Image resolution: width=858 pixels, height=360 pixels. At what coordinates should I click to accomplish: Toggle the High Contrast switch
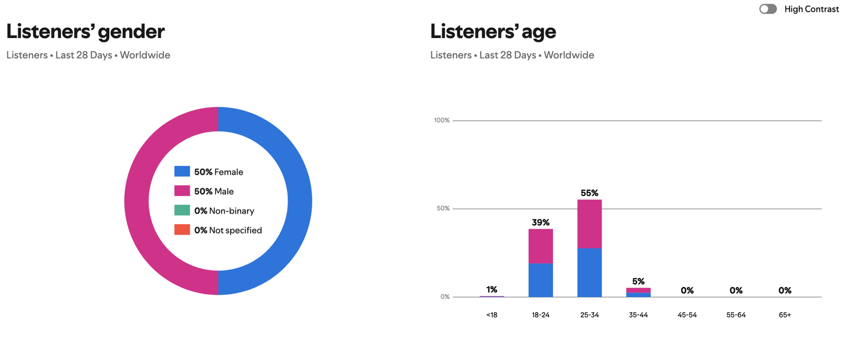click(767, 9)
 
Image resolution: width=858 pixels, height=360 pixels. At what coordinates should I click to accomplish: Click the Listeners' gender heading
click(85, 31)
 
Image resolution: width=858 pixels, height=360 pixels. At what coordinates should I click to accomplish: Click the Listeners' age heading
click(493, 31)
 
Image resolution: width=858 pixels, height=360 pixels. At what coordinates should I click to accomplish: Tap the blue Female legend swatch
click(182, 172)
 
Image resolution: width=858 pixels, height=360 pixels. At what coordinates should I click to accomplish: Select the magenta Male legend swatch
click(182, 191)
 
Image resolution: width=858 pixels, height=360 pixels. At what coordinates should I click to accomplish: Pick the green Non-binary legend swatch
click(182, 210)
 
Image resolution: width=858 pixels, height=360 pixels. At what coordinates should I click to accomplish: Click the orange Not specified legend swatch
click(182, 230)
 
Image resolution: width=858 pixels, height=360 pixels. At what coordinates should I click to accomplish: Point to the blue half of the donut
click(299, 201)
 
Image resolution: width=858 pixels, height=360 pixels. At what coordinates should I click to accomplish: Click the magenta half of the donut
click(137, 201)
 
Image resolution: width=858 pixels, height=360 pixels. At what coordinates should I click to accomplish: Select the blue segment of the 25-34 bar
click(589, 273)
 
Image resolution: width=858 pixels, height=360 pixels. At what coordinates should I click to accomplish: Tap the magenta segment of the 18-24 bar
click(541, 246)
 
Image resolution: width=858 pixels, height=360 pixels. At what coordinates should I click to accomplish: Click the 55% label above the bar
click(589, 193)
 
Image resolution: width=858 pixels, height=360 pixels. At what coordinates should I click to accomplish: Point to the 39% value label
click(541, 222)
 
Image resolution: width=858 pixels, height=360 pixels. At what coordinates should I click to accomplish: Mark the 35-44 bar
click(638, 292)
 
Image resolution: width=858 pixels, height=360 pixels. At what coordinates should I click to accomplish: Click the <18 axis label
click(492, 315)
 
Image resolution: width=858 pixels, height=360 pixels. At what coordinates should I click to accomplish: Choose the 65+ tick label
click(785, 315)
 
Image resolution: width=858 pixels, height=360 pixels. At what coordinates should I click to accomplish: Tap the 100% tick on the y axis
click(442, 120)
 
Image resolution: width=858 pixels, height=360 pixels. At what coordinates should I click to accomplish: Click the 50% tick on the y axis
click(443, 208)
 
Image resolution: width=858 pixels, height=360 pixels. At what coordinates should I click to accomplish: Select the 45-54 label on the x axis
click(687, 315)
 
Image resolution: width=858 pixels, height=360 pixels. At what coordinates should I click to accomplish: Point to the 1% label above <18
click(492, 290)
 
